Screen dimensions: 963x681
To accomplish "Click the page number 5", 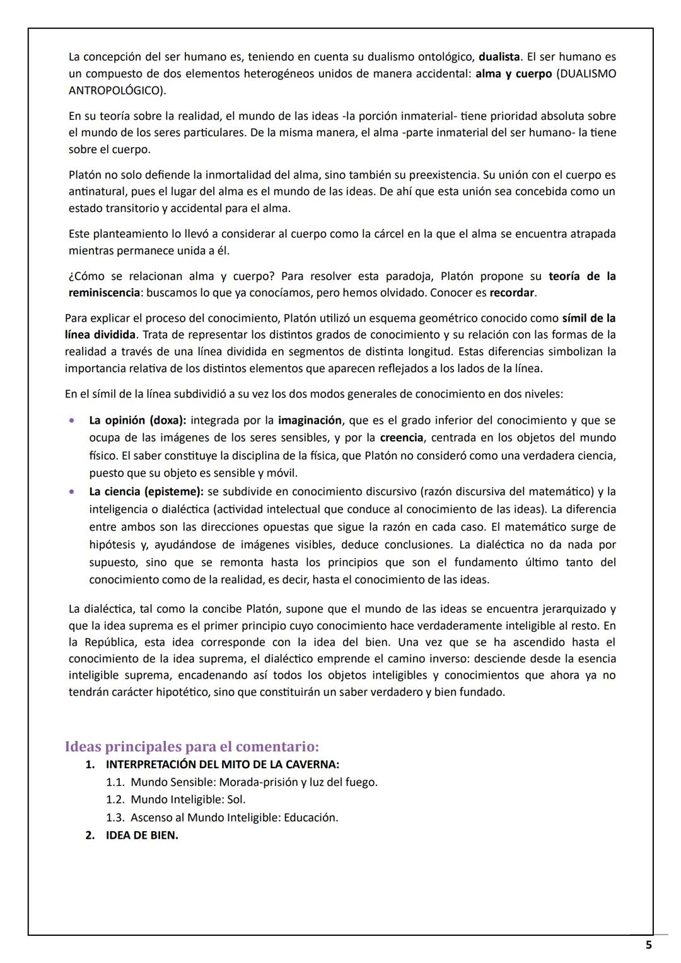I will (x=649, y=945).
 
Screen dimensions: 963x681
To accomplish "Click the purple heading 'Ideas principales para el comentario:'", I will (x=192, y=747).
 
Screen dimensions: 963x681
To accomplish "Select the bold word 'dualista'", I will (x=498, y=57).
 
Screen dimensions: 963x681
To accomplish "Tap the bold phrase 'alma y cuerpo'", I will (x=513, y=74).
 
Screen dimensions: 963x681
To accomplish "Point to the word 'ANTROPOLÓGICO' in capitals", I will (x=115, y=90).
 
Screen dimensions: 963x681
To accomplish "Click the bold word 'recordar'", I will (x=512, y=293).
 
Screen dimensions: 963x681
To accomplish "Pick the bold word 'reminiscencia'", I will (x=104, y=293).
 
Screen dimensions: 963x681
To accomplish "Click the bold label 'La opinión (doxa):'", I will (x=137, y=420).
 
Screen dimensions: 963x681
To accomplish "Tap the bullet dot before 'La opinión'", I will (x=74, y=420).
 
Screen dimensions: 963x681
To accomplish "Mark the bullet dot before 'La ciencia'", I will (x=74, y=491).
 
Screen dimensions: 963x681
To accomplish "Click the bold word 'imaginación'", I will (x=310, y=420).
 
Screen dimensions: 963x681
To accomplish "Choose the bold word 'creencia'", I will (x=401, y=438).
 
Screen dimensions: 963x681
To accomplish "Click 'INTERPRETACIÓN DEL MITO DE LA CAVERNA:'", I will (x=223, y=764).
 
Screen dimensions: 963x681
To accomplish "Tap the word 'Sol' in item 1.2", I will (x=235, y=800).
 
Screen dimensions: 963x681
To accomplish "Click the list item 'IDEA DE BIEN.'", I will (x=142, y=836).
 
